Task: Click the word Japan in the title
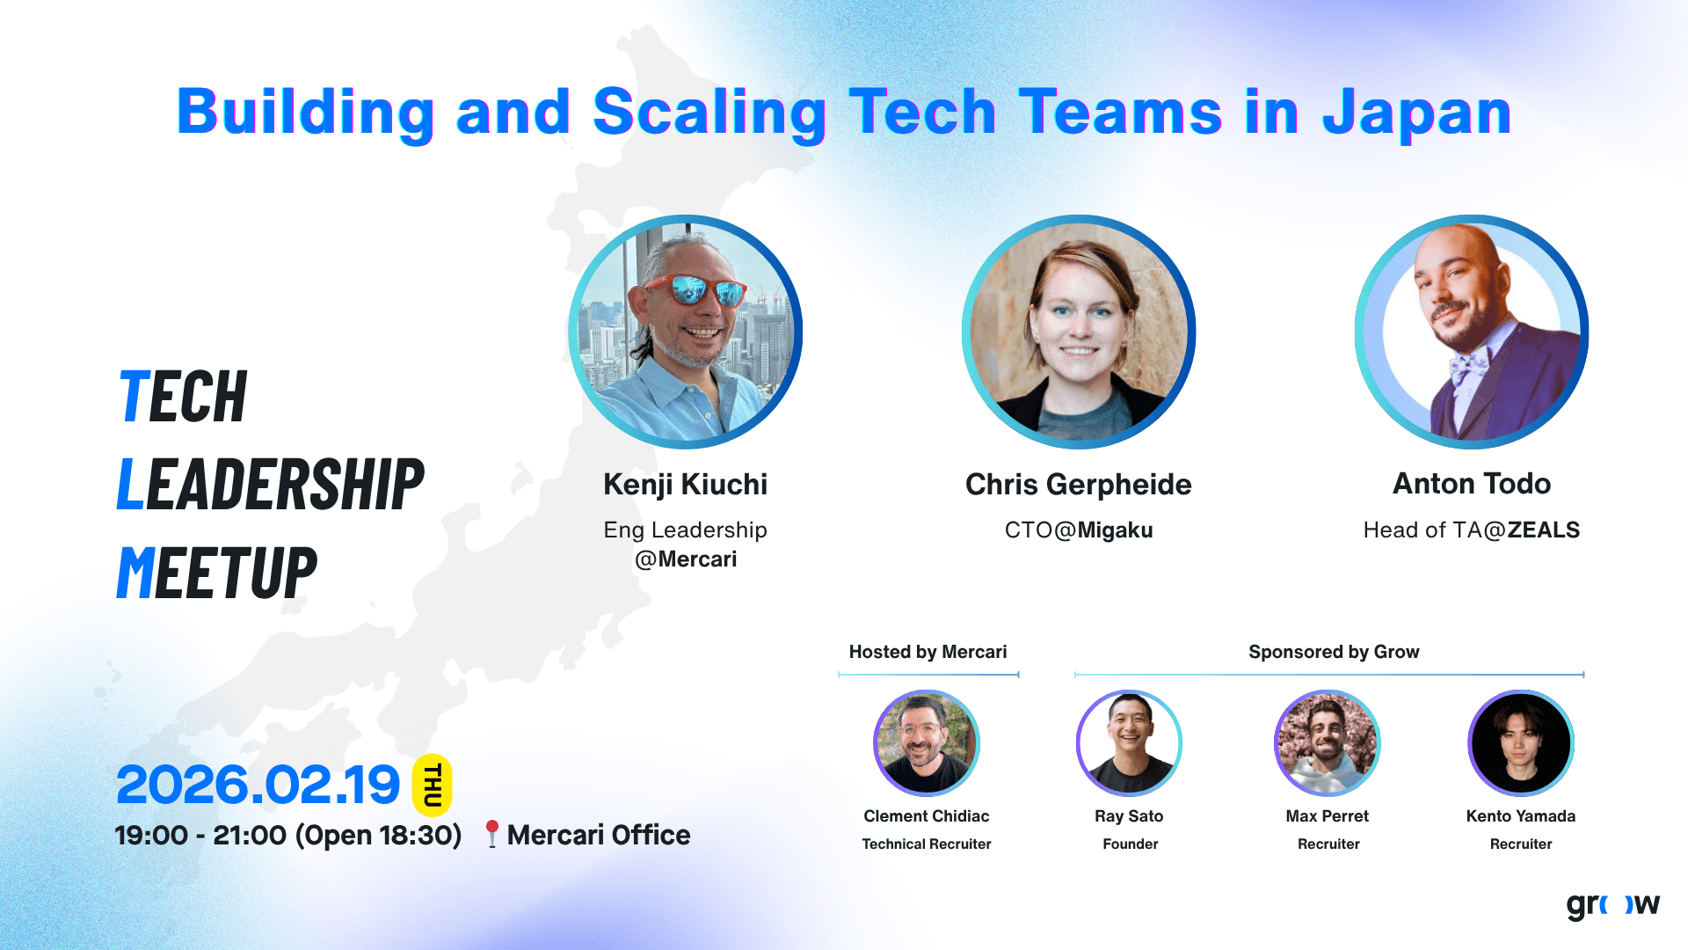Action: point(1416,113)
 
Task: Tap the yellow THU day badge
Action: point(433,786)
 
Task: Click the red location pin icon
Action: point(492,834)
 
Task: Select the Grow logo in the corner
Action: point(1612,904)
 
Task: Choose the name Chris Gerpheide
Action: point(1079,485)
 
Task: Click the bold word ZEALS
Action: point(1544,530)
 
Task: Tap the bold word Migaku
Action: point(1116,530)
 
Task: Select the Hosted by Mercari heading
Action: point(928,652)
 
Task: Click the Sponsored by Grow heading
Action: point(1334,652)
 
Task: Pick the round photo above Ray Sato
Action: point(1129,743)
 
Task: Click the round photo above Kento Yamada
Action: point(1521,743)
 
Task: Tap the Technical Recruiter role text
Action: point(927,844)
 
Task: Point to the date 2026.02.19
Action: point(258,785)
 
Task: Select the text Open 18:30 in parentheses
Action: point(378,835)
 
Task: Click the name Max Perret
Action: point(1328,816)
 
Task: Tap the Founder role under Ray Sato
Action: point(1131,844)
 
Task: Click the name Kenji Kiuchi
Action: point(686,485)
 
